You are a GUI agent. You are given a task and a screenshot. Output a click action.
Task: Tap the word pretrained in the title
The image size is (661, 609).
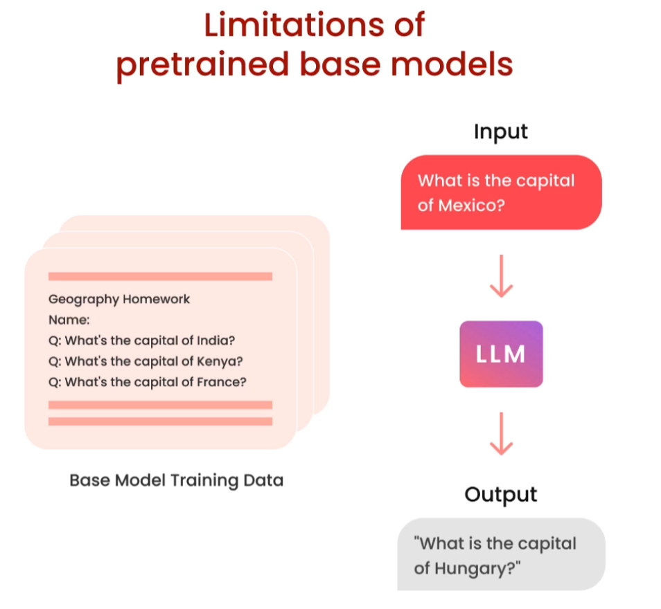tap(202, 66)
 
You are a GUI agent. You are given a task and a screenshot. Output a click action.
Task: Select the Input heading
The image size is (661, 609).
tap(500, 131)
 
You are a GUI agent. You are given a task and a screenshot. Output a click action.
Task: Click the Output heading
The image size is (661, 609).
tap(500, 494)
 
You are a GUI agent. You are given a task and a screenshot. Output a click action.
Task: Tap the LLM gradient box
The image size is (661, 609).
tap(501, 354)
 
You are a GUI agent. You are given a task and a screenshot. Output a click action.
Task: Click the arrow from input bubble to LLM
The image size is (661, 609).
tap(501, 276)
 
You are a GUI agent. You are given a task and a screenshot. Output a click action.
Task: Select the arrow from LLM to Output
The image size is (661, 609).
tap(501, 433)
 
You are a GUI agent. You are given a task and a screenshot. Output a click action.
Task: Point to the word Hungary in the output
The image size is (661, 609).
tap(477, 568)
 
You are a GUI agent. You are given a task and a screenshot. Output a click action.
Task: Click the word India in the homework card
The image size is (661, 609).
tap(215, 340)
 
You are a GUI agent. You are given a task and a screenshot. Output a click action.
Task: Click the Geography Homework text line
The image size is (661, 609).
tap(119, 299)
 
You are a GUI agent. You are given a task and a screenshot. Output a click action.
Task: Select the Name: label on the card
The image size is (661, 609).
tap(69, 320)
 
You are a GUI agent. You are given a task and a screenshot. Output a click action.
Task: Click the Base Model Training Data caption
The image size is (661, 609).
tap(176, 480)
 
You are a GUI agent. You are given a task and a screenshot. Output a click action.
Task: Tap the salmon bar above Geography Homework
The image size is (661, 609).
tap(160, 276)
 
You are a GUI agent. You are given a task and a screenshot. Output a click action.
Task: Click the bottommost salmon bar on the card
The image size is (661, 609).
tap(160, 421)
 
